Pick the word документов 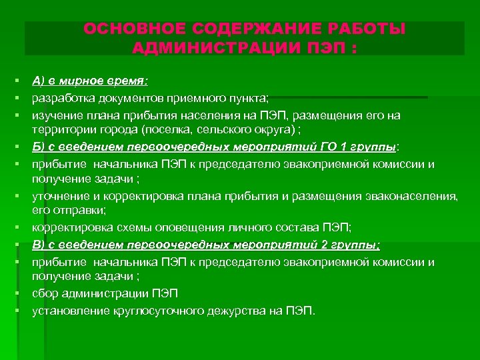(x=123, y=98)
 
